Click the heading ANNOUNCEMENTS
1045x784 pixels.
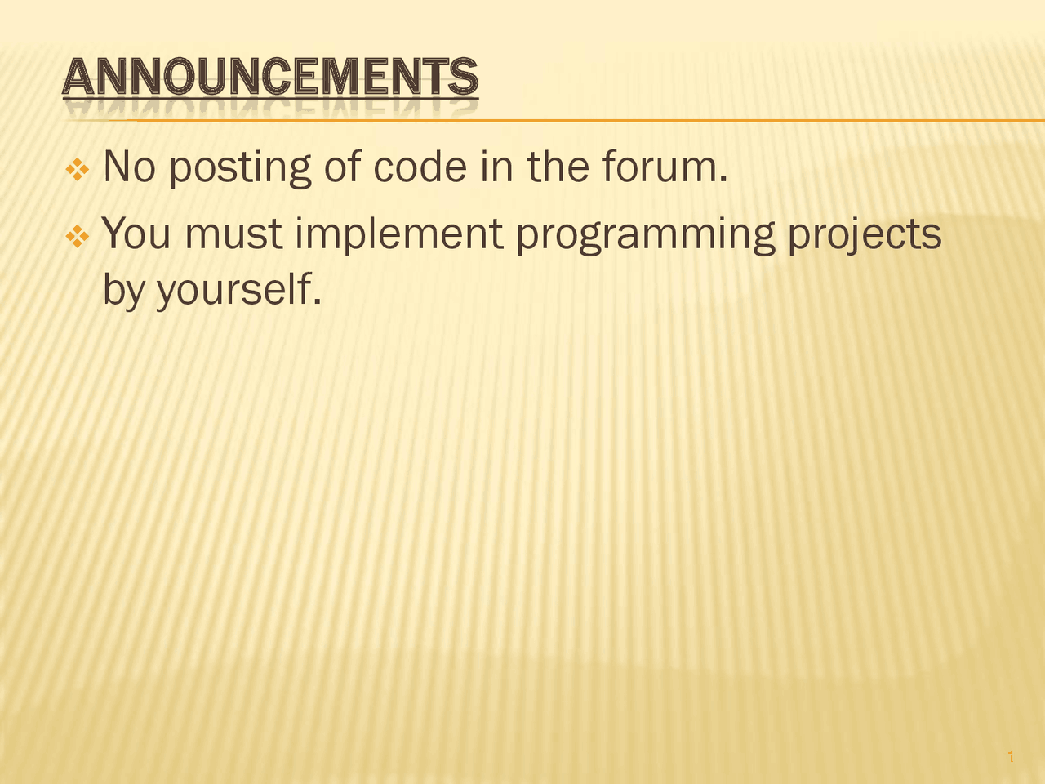click(269, 79)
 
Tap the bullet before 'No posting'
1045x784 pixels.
click(78, 170)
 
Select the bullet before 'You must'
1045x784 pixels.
click(78, 237)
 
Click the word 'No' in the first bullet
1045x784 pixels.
click(128, 167)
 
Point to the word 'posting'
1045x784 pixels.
click(240, 169)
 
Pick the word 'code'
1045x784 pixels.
click(420, 167)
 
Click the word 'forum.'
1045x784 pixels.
click(664, 167)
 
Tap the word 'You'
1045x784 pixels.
click(136, 234)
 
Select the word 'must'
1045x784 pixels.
click(233, 234)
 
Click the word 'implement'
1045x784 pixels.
click(399, 235)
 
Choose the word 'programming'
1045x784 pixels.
click(645, 235)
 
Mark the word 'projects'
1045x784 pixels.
click(865, 235)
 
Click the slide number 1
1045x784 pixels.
click(1011, 757)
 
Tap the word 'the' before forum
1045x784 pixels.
click(558, 167)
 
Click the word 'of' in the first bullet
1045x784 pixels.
click(342, 167)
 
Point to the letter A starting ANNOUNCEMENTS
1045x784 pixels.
click(77, 79)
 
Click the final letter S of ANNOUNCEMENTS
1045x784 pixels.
click(463, 79)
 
